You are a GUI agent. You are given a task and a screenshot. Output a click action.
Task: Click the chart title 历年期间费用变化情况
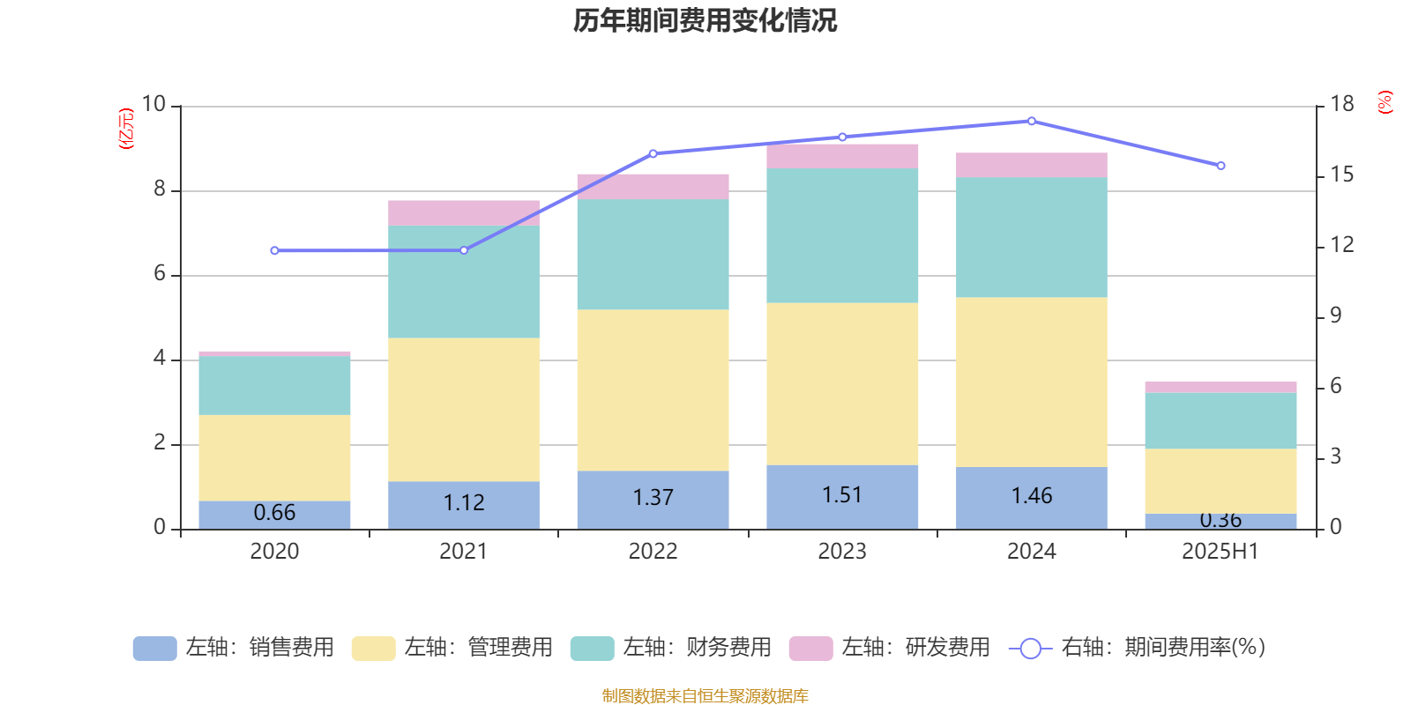(x=705, y=20)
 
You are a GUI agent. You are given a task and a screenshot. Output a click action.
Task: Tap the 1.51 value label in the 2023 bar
(x=842, y=495)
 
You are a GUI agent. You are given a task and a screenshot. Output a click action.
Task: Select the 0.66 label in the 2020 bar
(x=274, y=513)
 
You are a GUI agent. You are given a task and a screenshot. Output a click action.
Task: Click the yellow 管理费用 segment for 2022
(x=653, y=390)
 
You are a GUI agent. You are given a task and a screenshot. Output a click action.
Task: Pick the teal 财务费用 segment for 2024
(x=1032, y=237)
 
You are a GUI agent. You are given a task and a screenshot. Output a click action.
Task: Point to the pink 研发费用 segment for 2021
(x=464, y=212)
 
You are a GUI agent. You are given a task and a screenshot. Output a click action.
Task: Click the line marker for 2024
(x=1032, y=121)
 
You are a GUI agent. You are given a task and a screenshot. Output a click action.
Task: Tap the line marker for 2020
(x=274, y=250)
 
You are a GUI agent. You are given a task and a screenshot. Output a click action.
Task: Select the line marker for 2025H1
(x=1221, y=166)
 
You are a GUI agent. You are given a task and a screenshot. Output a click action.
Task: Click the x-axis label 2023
(x=842, y=552)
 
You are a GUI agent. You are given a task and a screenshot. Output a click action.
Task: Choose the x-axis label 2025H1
(x=1221, y=552)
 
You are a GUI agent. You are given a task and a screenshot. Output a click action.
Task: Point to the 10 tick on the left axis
(x=153, y=105)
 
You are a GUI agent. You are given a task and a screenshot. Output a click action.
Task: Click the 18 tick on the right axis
(x=1341, y=105)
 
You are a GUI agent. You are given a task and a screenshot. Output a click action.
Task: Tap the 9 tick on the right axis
(x=1335, y=315)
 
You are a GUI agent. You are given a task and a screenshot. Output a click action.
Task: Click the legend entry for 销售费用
(x=234, y=648)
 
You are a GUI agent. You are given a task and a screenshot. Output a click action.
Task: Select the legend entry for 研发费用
(x=890, y=648)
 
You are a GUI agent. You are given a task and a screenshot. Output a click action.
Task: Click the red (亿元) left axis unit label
(x=125, y=129)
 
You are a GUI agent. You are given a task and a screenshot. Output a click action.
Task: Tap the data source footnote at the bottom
(x=705, y=696)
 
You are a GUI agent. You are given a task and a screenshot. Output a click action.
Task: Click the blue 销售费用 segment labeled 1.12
(x=464, y=504)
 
